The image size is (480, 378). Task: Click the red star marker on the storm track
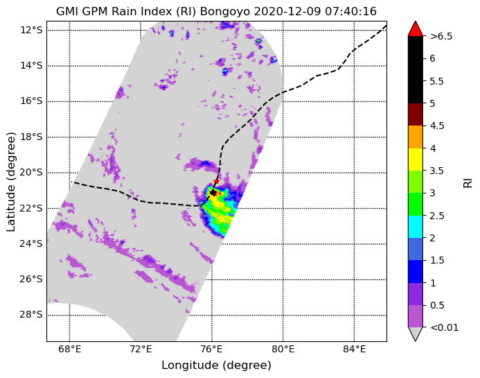(216, 181)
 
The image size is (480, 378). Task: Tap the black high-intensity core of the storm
(213, 193)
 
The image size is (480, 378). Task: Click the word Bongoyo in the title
(225, 12)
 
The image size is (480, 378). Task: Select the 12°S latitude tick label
(31, 30)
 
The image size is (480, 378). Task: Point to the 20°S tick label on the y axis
(31, 173)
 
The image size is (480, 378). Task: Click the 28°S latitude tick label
(31, 315)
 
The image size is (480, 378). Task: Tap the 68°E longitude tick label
(70, 349)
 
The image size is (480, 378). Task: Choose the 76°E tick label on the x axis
(212, 349)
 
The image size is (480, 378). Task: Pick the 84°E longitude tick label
(354, 349)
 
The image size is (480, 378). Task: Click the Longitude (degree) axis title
(216, 365)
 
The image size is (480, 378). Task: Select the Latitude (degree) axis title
(10, 182)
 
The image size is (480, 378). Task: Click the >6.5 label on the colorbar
(441, 36)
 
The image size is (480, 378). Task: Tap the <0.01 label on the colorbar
(444, 327)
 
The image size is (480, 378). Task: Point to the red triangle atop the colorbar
(416, 29)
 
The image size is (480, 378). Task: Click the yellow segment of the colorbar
(416, 160)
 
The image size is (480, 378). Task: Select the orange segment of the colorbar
(416, 137)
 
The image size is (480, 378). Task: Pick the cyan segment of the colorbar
(416, 227)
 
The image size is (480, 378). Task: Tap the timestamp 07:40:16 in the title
(350, 12)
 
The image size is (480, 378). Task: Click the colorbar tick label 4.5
(437, 126)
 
